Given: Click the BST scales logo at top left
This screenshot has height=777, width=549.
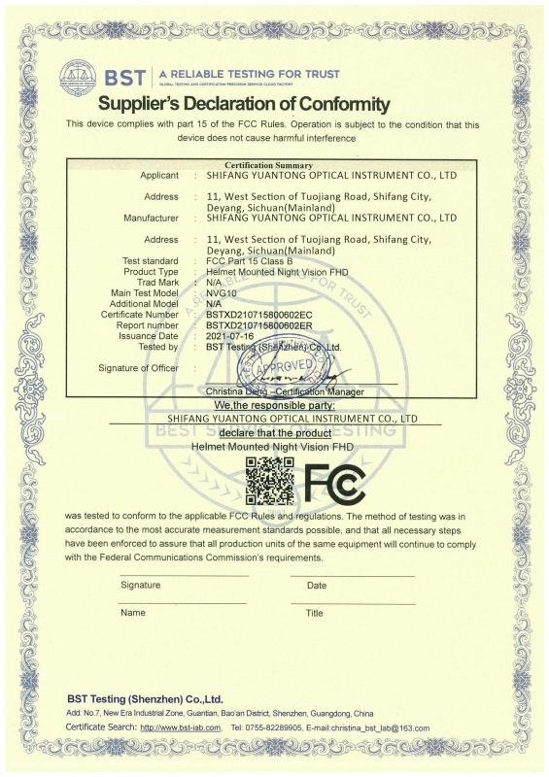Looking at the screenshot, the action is tap(78, 77).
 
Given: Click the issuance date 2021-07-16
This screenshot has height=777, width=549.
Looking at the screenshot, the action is tap(229, 336).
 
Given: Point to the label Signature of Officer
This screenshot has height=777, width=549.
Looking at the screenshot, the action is tap(138, 368).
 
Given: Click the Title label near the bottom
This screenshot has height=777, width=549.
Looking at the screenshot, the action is tap(315, 613).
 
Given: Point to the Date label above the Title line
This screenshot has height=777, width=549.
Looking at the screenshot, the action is tap(317, 586).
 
